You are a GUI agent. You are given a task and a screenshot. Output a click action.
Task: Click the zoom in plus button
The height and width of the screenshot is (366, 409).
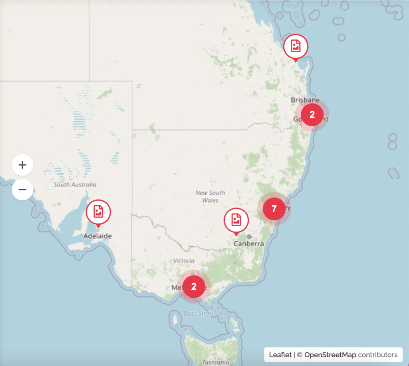22,165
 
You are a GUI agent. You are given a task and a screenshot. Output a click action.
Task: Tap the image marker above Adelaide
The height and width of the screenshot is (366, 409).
98,212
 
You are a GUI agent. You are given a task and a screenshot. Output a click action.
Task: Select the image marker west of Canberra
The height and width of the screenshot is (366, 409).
236,220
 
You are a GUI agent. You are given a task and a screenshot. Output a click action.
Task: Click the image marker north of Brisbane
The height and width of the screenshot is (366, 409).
296,46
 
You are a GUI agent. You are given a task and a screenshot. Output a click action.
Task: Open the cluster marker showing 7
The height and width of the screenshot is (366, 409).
274,209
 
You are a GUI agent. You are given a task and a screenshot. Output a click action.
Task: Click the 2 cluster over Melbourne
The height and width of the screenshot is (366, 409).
194,287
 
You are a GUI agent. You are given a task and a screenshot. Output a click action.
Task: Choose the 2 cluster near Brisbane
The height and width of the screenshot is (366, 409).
312,115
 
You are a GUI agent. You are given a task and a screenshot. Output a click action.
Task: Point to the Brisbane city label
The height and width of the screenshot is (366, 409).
305,100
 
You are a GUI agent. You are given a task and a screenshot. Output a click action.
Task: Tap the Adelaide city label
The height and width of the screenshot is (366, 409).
97,236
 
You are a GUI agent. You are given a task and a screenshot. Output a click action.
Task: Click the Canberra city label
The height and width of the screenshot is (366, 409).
249,243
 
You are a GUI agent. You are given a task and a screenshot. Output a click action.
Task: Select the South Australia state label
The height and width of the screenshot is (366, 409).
75,185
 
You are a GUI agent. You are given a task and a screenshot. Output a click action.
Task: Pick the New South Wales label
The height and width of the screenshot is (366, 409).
210,196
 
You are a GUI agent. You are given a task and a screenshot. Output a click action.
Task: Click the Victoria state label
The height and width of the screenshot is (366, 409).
184,261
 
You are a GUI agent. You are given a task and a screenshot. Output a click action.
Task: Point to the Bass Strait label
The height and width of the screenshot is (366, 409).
199,314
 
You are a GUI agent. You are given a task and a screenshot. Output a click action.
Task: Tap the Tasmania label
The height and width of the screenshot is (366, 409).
216,362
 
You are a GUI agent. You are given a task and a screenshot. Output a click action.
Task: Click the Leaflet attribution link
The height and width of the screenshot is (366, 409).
280,354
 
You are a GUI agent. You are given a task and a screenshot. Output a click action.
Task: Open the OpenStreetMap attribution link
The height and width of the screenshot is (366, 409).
330,354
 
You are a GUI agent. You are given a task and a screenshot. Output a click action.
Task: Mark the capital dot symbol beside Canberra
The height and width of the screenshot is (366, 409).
249,236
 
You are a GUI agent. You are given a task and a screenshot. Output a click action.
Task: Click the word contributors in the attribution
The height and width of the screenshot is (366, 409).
377,354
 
